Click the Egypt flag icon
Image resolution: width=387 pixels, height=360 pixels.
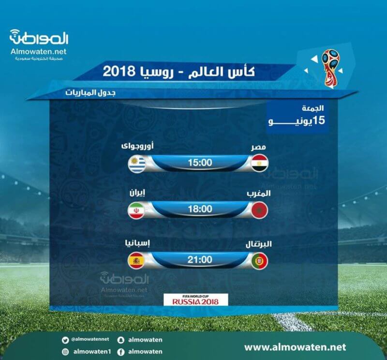coord(259,163)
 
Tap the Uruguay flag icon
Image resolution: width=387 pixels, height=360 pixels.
coord(136,164)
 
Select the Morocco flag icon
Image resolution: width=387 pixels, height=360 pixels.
coord(259,210)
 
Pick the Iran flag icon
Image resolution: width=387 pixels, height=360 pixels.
coord(136,210)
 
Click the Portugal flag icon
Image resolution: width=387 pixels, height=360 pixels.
coord(259,261)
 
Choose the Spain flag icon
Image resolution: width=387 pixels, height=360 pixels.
coord(136,261)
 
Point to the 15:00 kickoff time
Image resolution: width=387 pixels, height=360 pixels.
coord(200,163)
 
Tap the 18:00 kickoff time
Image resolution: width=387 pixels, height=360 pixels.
coord(200,209)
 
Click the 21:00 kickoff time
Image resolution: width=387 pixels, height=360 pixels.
coord(200,260)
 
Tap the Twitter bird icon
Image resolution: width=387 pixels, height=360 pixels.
coord(65,340)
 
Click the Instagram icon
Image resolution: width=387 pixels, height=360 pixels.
coord(65,352)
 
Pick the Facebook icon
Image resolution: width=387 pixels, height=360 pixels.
coord(120,352)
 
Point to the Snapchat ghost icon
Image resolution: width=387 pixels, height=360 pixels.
coord(120,340)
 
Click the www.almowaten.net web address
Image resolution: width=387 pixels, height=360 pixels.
coord(295,347)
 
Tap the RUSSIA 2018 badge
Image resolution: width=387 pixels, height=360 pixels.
coord(196,300)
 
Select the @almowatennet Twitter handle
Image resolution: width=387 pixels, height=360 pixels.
coord(90,339)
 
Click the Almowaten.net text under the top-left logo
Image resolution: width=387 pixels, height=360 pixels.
coord(39,51)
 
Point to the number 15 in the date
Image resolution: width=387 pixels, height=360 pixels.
coord(319,120)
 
